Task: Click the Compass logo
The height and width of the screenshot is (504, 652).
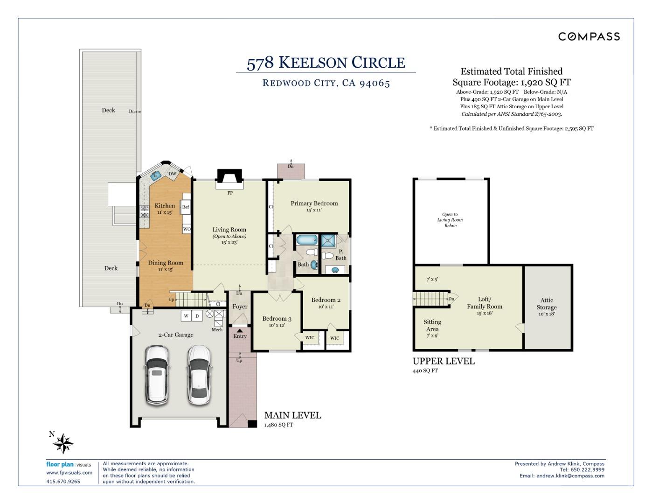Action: (589, 36)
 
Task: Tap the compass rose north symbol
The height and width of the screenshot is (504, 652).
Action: (63, 443)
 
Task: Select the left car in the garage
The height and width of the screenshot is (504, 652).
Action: (157, 376)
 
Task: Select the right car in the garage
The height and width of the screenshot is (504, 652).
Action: (199, 375)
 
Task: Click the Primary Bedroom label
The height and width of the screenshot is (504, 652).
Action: (314, 203)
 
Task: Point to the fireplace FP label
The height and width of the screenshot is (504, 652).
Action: (230, 193)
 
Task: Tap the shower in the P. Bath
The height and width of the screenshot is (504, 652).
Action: (328, 240)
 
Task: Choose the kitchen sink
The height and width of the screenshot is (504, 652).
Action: (156, 175)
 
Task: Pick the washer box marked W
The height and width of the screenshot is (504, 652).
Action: (186, 316)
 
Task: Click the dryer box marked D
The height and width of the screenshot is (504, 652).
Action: (197, 316)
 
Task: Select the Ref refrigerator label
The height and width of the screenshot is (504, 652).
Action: (186, 207)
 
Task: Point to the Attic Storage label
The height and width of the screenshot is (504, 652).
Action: (547, 303)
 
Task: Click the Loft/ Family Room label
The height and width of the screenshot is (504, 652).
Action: (485, 302)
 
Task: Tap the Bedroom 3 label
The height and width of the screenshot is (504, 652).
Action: (277, 318)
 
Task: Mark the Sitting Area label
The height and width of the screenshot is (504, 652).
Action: (432, 325)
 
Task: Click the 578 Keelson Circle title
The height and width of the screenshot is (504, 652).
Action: (326, 63)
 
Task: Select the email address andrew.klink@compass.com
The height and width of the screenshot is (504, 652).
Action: (570, 476)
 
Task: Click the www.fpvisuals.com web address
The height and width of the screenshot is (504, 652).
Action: (69, 472)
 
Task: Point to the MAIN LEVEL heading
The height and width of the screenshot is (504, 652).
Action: (292, 415)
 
